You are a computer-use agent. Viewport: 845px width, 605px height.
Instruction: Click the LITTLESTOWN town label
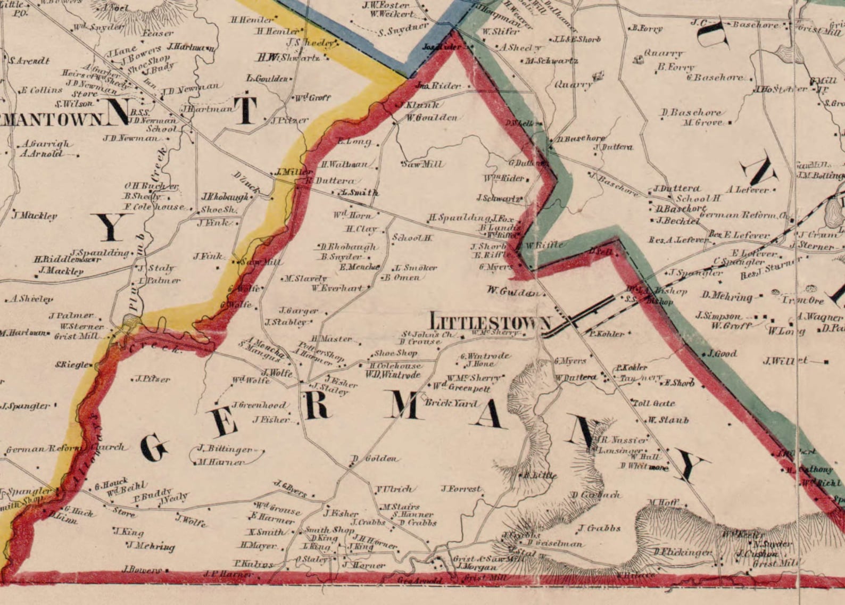(490, 322)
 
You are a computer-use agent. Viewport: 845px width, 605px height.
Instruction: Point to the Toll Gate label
(654, 403)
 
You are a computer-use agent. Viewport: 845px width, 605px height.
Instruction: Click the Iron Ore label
(803, 301)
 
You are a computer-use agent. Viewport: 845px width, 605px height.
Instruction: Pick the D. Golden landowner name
(375, 459)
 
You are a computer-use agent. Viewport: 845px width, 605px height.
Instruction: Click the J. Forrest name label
(461, 488)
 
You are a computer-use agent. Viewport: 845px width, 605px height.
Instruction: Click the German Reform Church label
(65, 448)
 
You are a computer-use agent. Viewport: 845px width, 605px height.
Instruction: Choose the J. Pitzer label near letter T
(289, 121)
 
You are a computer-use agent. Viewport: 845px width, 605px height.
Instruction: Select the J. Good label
(722, 353)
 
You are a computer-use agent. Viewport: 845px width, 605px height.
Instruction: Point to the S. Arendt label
(29, 61)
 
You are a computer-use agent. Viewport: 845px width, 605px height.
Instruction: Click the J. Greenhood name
(258, 405)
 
